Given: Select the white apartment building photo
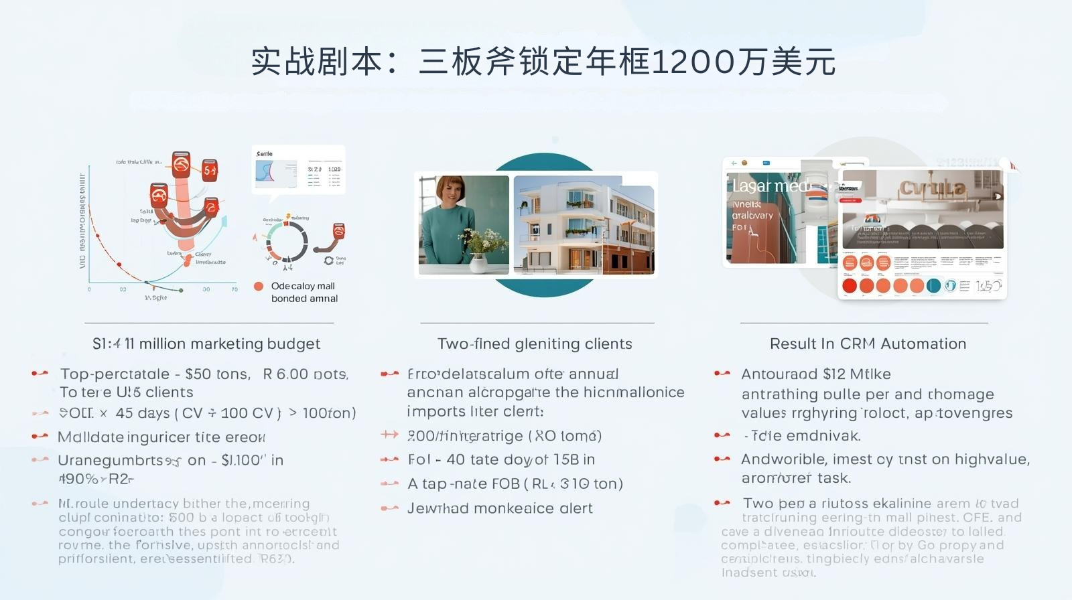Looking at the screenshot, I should (x=583, y=224).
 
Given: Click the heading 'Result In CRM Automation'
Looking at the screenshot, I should (x=868, y=344).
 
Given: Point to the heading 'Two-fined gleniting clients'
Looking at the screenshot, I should (x=535, y=344).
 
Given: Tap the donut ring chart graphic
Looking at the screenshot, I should (x=287, y=241).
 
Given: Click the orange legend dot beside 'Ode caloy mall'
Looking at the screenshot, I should (x=259, y=286).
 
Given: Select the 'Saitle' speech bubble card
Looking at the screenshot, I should (x=298, y=170).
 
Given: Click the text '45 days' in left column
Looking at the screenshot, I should (x=143, y=413).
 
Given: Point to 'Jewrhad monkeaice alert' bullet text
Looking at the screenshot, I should (x=500, y=508).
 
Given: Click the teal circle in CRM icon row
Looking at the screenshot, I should (x=933, y=286).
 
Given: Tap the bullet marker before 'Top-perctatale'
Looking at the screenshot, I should (x=40, y=374).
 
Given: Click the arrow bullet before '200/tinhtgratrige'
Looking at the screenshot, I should (x=389, y=435).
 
